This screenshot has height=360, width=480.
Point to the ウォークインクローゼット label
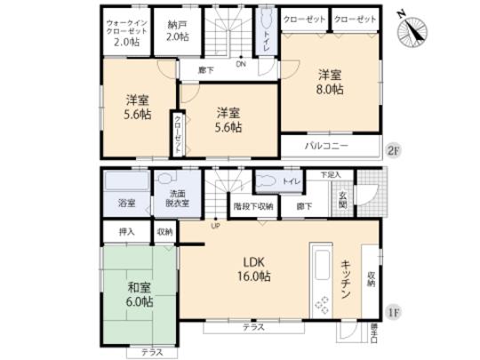[x=124, y=31]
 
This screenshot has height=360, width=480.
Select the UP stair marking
[x=214, y=226]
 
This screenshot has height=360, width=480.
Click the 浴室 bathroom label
[x=127, y=204]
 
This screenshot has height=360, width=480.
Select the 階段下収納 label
[x=253, y=206]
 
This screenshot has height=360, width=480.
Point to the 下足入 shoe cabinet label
[x=332, y=174]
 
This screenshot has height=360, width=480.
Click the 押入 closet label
[x=128, y=231]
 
